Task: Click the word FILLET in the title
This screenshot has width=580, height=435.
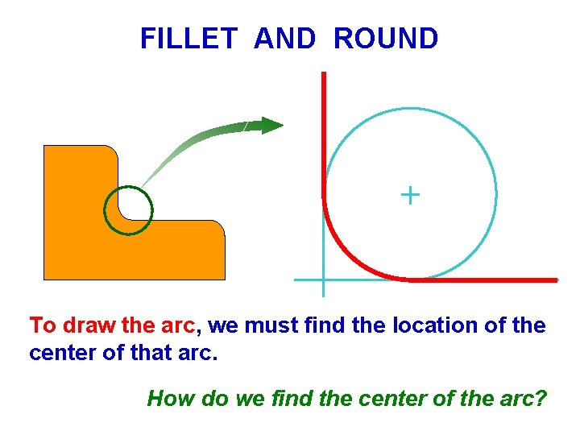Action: point(188,39)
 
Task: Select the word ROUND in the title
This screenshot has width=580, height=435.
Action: point(386,39)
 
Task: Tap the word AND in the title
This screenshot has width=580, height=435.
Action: point(284,39)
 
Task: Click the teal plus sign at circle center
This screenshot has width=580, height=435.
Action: point(410,195)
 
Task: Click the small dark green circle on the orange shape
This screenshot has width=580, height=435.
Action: point(128,210)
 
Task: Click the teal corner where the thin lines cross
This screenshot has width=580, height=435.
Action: point(322,280)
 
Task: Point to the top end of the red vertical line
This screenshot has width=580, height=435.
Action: point(323,74)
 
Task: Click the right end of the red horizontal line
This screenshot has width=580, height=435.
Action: point(555,280)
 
